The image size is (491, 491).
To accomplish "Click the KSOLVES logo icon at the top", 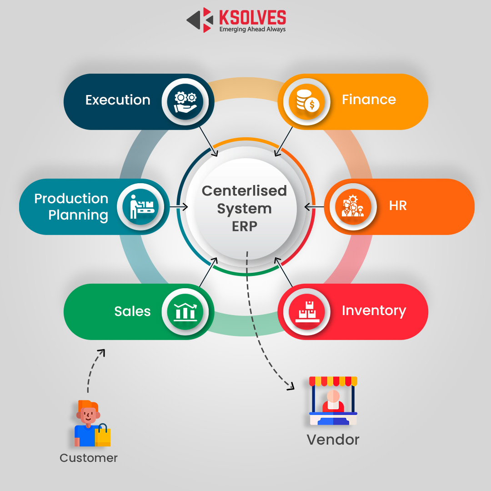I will pos(200,20).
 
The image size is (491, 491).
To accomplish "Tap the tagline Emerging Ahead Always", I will pos(252,30).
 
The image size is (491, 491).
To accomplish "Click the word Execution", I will pos(118,100).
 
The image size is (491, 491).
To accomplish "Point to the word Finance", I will pos(369,100).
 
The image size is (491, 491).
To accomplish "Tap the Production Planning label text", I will pos(71,206).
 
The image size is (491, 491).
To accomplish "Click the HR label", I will pos(398,206).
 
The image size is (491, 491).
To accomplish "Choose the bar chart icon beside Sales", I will pos(185,311).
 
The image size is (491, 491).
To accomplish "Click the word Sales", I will pos(132,311).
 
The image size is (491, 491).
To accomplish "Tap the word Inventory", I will pos(374,311).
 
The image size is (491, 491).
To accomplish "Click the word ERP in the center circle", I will pos(245,226).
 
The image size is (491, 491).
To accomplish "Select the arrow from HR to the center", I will pos(314,207).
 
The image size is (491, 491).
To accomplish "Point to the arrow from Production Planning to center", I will pos(178,207).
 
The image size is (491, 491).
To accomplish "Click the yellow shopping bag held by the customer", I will pos(103,436).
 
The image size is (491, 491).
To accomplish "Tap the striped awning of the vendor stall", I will pos(333,381).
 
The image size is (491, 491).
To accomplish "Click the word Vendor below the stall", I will pos(333,440).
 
